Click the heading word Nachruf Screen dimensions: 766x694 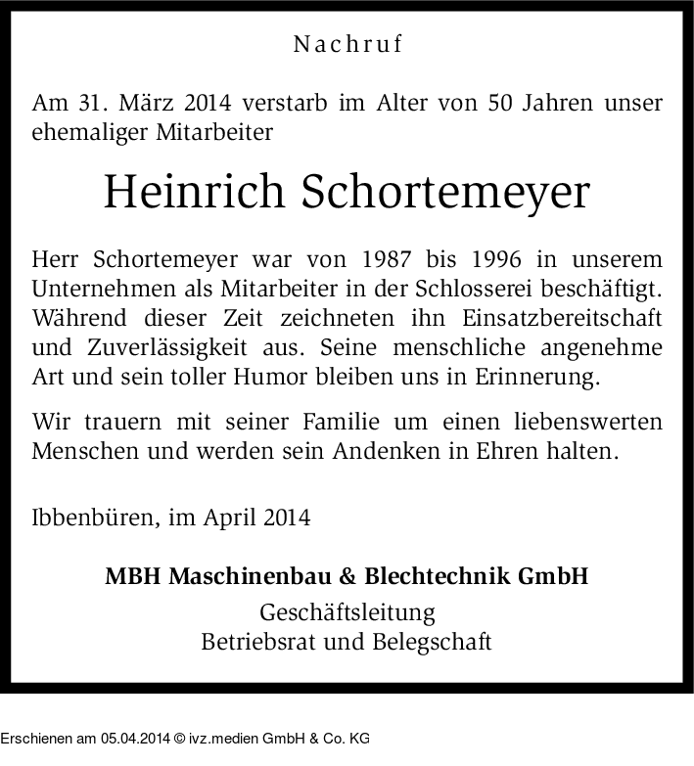347,44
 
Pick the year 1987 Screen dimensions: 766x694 386,261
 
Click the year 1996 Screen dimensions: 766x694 505,261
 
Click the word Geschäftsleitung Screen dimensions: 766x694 347,614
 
